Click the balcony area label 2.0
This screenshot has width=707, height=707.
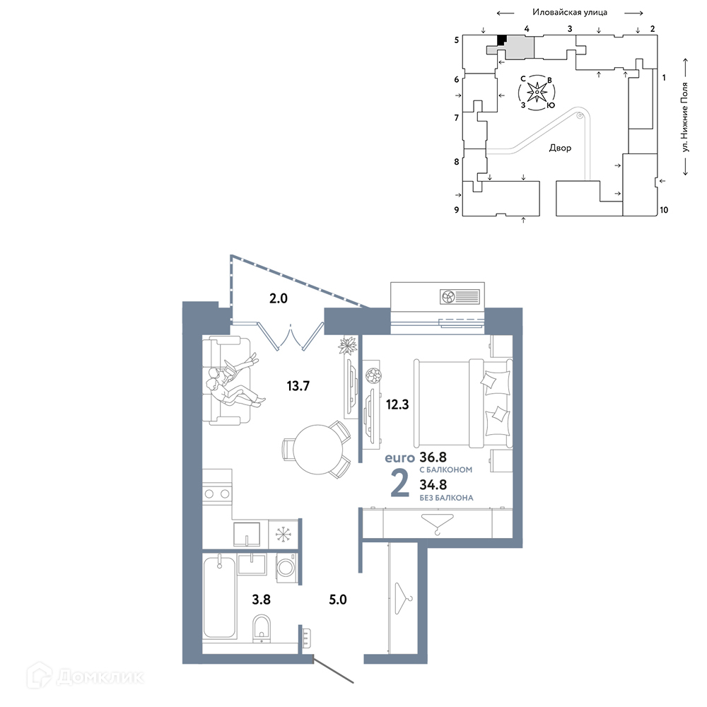(x=278, y=298)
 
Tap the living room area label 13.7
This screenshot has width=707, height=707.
(x=298, y=386)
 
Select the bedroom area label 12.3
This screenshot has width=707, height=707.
(x=397, y=404)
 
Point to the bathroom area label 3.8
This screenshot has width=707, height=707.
(x=261, y=600)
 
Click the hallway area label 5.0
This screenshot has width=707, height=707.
(x=338, y=600)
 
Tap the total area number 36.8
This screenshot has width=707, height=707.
(x=433, y=457)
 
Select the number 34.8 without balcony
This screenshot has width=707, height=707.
(x=433, y=485)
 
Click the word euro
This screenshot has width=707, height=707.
(x=399, y=458)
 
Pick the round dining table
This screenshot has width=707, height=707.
(x=318, y=450)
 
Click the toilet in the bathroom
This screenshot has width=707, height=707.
(x=262, y=627)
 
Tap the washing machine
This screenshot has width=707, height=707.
(x=286, y=568)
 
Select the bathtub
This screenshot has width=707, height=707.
(x=220, y=597)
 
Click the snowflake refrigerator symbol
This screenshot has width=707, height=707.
(x=284, y=534)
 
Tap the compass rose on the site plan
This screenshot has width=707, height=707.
(x=537, y=93)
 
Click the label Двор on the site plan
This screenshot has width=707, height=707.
(x=560, y=148)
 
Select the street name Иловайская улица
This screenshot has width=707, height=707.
(x=569, y=12)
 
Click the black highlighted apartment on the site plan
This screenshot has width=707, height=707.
(x=501, y=40)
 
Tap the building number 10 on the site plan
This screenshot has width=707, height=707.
(x=664, y=210)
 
